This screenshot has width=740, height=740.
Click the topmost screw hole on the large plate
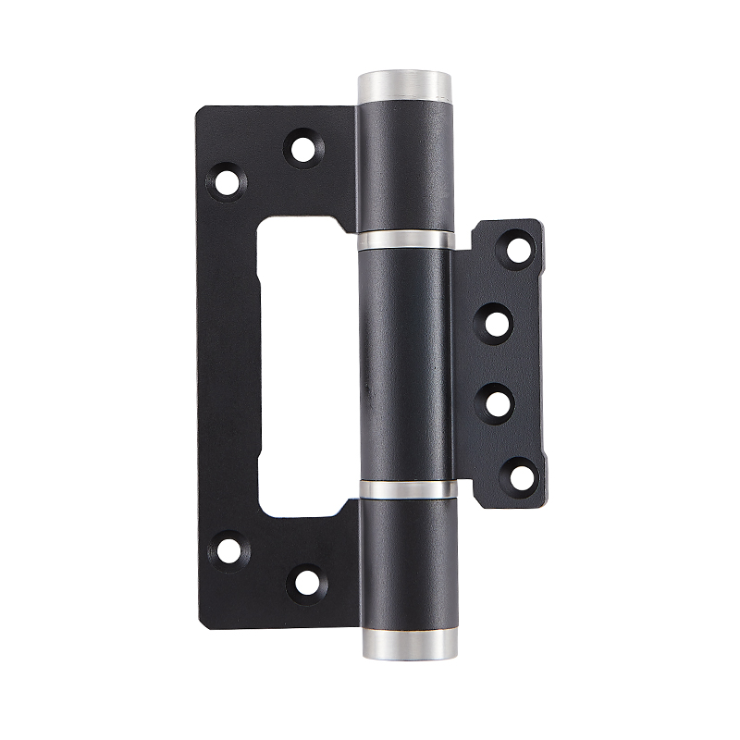(300, 147)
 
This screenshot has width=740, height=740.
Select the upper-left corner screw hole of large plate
(225, 180)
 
